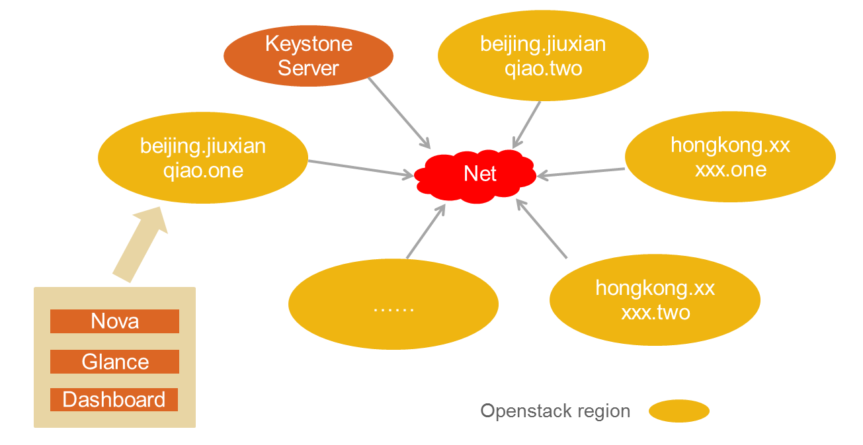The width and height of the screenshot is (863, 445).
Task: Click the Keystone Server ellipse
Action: click(308, 56)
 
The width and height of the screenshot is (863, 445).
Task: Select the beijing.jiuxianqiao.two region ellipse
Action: click(543, 56)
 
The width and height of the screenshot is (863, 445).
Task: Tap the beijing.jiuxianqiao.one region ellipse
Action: click(203, 158)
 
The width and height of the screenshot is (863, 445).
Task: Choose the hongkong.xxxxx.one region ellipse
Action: click(730, 157)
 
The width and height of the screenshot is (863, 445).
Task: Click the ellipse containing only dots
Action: click(393, 303)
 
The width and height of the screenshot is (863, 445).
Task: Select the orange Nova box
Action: click(114, 321)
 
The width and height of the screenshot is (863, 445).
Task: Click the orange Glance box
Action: click(114, 362)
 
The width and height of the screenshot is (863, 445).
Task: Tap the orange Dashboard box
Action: click(114, 400)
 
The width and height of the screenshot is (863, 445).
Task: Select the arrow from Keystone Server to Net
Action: click(399, 112)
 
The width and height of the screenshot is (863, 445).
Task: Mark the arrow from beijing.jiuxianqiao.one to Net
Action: click(360, 168)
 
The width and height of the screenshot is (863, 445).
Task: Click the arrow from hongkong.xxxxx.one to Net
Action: click(582, 173)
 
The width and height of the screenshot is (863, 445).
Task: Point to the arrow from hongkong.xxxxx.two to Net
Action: click(542, 230)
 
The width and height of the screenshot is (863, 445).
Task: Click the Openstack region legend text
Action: click(555, 411)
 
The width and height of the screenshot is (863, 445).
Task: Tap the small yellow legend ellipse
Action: click(678, 411)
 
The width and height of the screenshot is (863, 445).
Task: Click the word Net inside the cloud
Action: click(480, 173)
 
